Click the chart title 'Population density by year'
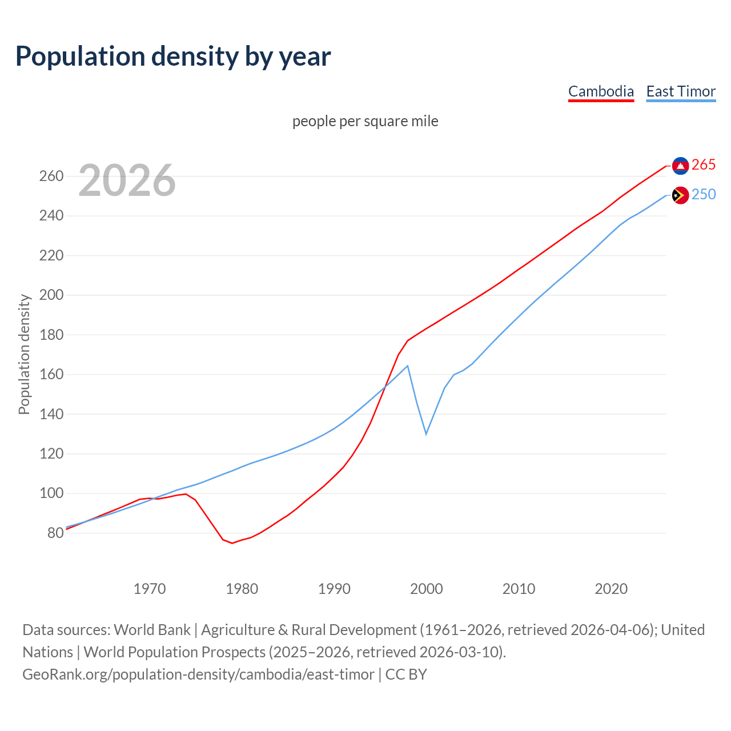[x=173, y=56]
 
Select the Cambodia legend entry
[x=601, y=91]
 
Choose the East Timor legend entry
[x=681, y=91]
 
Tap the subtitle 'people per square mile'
[x=365, y=121]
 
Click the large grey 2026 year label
[x=127, y=180]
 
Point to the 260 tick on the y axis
[x=51, y=176]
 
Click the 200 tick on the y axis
[x=51, y=295]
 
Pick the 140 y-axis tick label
[x=51, y=414]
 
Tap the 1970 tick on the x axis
[x=150, y=588]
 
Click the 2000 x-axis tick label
[x=427, y=588]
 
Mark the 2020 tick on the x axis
[x=611, y=588]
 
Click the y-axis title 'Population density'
[x=24, y=354]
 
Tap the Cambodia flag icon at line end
[x=680, y=166]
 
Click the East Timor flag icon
[x=680, y=195]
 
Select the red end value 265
[x=704, y=164]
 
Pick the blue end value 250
[x=704, y=194]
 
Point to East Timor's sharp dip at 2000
[x=426, y=434]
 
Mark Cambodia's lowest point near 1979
[x=232, y=543]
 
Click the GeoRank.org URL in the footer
[x=198, y=674]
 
